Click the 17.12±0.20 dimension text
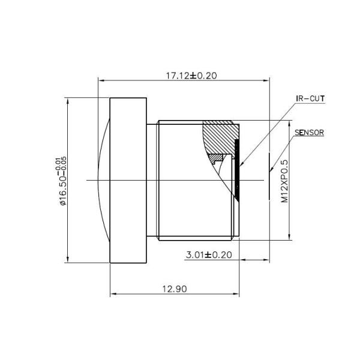(191, 76)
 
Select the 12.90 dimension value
(175, 289)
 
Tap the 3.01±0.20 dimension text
(209, 255)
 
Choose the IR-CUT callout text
(310, 98)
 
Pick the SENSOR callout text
(310, 133)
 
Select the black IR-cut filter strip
(237, 174)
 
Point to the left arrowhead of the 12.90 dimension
(113, 294)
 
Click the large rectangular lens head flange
(129, 180)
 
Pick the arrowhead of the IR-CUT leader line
(241, 163)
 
